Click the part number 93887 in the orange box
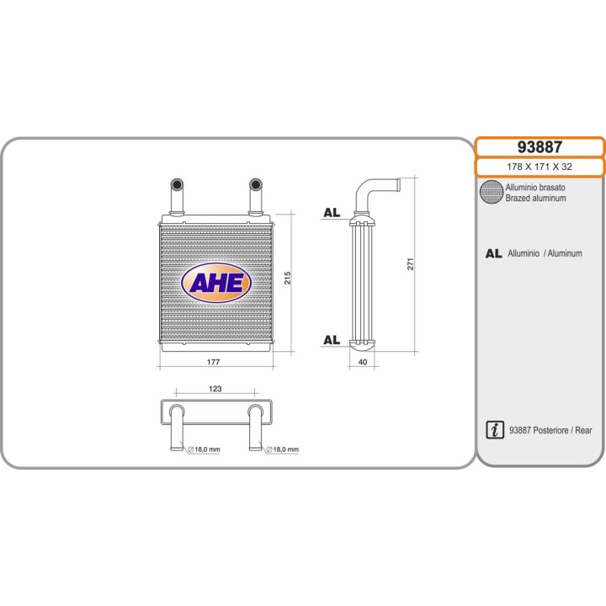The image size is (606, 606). point(540,147)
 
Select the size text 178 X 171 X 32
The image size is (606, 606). point(540,167)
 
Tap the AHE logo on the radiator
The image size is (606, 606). point(216,283)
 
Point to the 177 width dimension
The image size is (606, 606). point(213,362)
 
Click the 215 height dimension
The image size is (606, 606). point(288,278)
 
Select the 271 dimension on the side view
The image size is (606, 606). point(411,264)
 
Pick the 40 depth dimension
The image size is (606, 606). point(363,362)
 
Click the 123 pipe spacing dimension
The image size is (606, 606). point(215,389)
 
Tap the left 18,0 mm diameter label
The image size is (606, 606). point(204,449)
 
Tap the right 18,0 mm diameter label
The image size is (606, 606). point(282,449)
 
